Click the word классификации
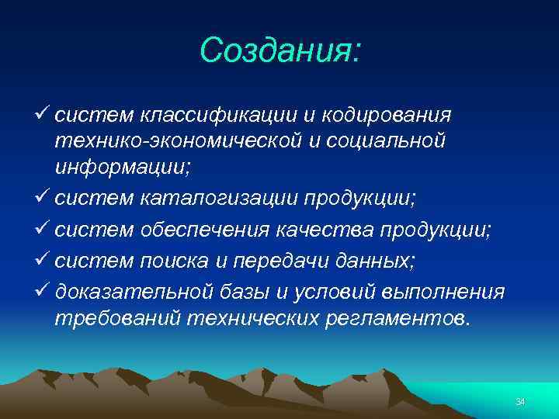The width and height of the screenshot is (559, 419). (218, 116)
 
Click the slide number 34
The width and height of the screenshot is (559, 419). (520, 401)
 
